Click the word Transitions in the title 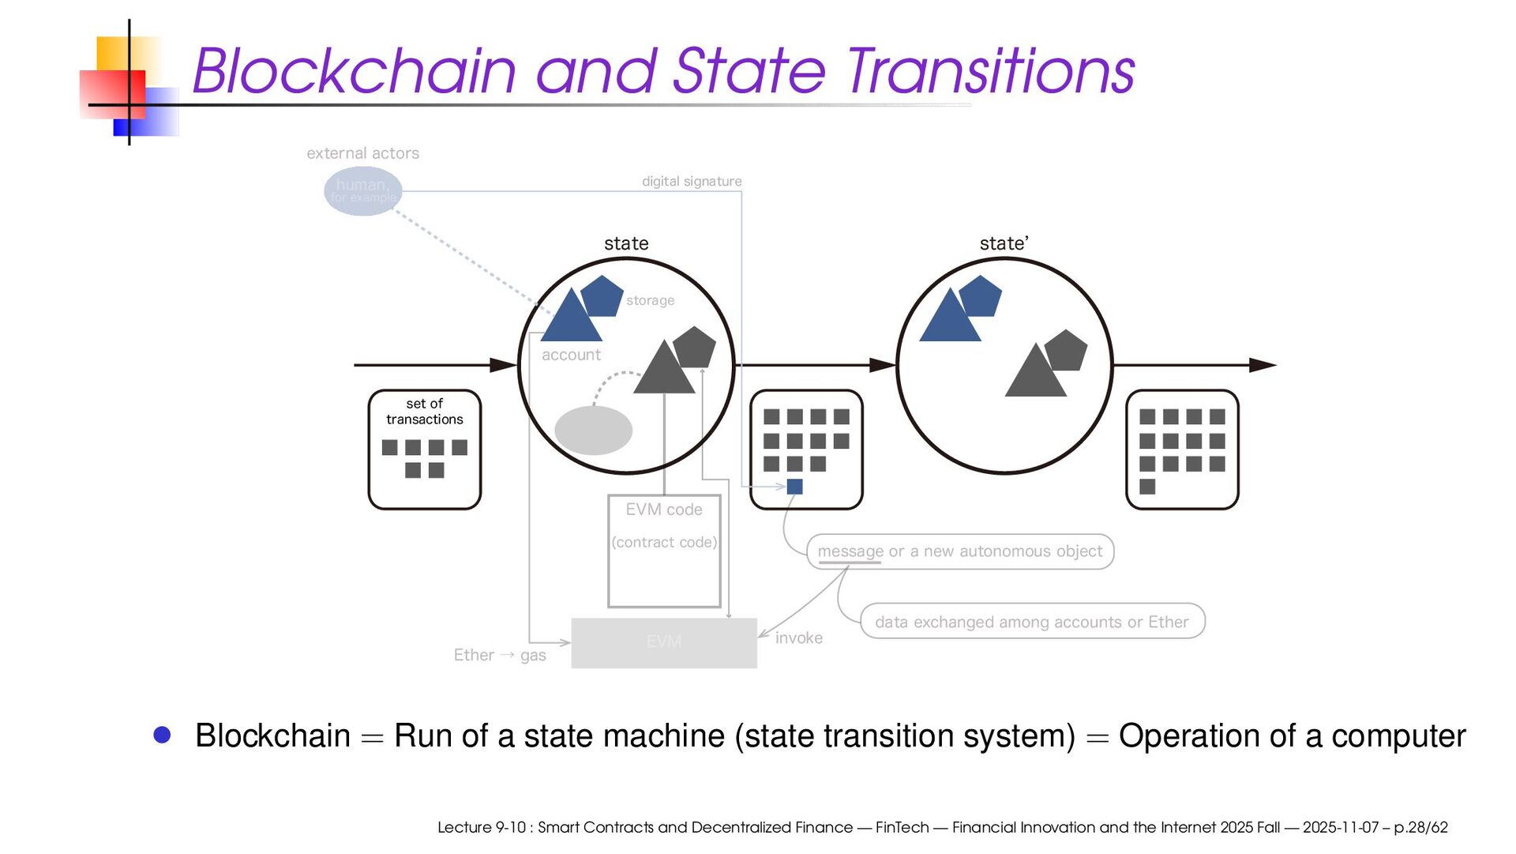point(991,71)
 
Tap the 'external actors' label point(362,153)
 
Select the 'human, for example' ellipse point(362,190)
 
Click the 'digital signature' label point(692,182)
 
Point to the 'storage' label point(650,300)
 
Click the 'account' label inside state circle point(571,356)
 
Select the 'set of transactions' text point(425,412)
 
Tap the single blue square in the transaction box point(795,487)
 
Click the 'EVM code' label point(664,510)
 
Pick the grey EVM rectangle point(663,642)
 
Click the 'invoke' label point(798,638)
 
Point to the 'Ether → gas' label point(500,655)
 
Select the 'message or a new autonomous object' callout point(959,551)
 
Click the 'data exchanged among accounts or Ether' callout point(1031,622)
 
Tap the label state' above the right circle point(1004,244)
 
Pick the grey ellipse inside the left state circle point(593,431)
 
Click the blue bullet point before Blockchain point(163,735)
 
